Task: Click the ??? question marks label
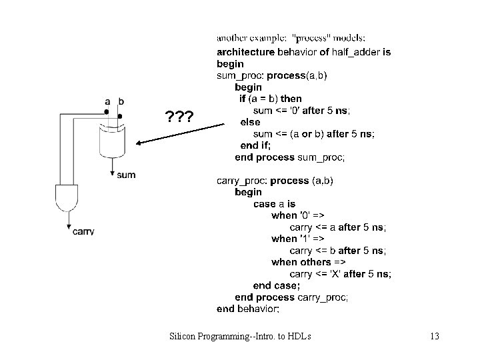(179, 118)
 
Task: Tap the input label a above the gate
(107, 101)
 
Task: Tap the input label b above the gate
(121, 101)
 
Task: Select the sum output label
(126, 175)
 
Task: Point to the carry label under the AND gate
(83, 231)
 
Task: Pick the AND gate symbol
(67, 199)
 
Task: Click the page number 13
(434, 336)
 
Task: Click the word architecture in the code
(245, 53)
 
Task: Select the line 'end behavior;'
(248, 309)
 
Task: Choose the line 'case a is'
(274, 204)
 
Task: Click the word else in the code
(250, 122)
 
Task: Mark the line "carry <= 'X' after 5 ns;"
(340, 273)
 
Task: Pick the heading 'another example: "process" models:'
(291, 38)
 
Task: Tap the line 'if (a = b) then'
(271, 99)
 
